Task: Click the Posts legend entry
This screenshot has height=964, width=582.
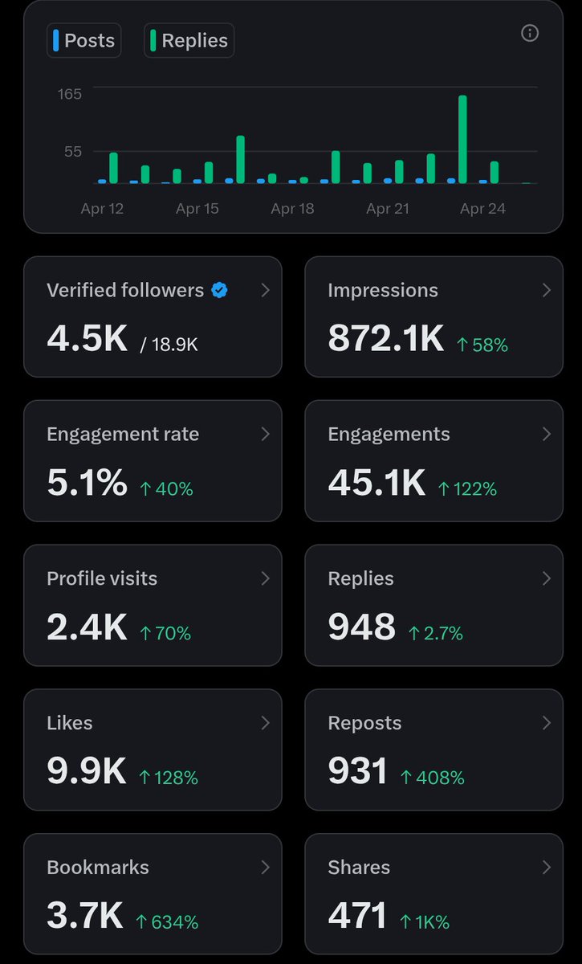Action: pyautogui.click(x=83, y=40)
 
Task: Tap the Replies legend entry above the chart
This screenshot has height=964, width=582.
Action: pyautogui.click(x=189, y=40)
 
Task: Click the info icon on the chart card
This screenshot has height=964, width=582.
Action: pyautogui.click(x=530, y=33)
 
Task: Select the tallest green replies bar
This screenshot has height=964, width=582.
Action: pyautogui.click(x=462, y=140)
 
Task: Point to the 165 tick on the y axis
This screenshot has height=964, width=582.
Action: pyautogui.click(x=70, y=94)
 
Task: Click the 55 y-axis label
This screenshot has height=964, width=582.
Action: pyautogui.click(x=73, y=152)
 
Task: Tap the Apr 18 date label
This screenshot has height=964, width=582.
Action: pyautogui.click(x=292, y=209)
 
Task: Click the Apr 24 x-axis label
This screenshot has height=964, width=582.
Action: pyautogui.click(x=482, y=209)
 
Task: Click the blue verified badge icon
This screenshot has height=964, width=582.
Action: pyautogui.click(x=219, y=290)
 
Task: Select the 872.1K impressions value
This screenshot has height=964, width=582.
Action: pyautogui.click(x=385, y=338)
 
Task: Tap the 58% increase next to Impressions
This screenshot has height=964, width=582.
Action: pyautogui.click(x=482, y=345)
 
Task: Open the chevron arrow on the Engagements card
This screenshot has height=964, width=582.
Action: pyautogui.click(x=547, y=435)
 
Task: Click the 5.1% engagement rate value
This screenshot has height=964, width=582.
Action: pyautogui.click(x=87, y=483)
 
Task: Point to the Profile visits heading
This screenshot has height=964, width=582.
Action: pyautogui.click(x=102, y=578)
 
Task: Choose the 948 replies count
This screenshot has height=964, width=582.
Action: pyautogui.click(x=361, y=627)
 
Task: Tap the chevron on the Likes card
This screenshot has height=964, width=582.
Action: pyautogui.click(x=266, y=723)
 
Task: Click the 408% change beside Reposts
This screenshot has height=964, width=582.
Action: pyautogui.click(x=433, y=778)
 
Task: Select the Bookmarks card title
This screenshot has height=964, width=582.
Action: pyautogui.click(x=98, y=867)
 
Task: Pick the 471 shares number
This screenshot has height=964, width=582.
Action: pyautogui.click(x=357, y=915)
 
